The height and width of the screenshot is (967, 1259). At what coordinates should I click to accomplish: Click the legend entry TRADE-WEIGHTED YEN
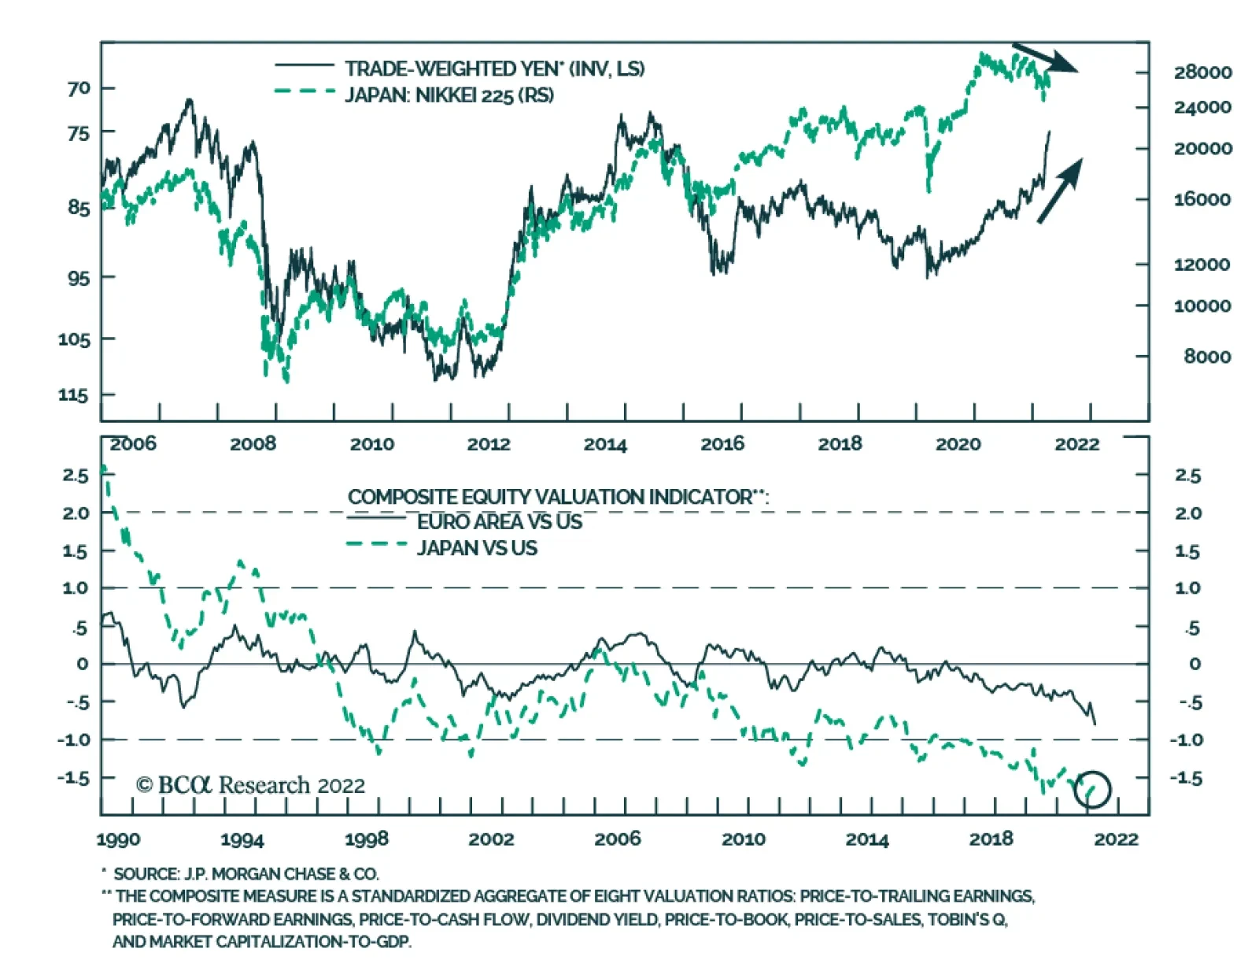click(x=494, y=69)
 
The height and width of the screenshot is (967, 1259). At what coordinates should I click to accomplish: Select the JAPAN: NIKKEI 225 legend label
click(x=449, y=95)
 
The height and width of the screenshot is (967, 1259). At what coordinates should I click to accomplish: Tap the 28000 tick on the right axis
click(x=1202, y=72)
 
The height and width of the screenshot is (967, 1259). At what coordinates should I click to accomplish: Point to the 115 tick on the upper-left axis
click(x=74, y=395)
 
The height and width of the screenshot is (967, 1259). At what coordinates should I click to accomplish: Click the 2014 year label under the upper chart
click(x=605, y=444)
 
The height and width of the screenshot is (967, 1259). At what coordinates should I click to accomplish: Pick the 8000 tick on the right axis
click(x=1207, y=357)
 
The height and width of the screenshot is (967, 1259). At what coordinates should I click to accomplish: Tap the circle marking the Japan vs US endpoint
click(x=1092, y=788)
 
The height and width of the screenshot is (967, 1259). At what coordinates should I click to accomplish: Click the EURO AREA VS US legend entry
click(x=499, y=522)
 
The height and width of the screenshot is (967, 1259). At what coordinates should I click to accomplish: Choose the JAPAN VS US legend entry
click(x=477, y=548)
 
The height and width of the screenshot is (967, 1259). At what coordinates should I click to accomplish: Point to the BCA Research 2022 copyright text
click(x=250, y=785)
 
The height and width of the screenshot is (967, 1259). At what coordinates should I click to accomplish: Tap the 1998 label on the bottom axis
click(x=367, y=839)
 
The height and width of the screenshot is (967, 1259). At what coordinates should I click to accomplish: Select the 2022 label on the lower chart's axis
click(x=1116, y=839)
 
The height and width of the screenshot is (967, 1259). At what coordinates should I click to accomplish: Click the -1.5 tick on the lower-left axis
click(x=74, y=778)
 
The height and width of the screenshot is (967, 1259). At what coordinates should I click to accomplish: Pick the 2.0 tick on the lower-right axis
click(x=1188, y=513)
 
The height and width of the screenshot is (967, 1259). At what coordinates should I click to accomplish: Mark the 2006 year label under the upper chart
click(x=133, y=444)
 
